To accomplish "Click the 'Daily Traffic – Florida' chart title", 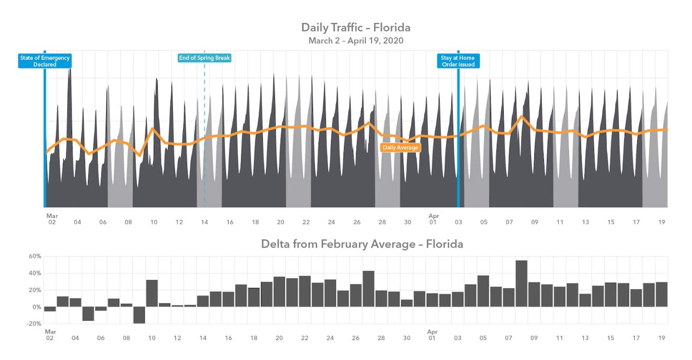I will pyautogui.click(x=356, y=27).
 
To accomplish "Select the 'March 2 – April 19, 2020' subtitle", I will pyautogui.click(x=356, y=40).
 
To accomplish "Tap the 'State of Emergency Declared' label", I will pyautogui.click(x=45, y=61).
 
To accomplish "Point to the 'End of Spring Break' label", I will pyautogui.click(x=204, y=58).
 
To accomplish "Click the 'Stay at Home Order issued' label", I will pyautogui.click(x=458, y=61).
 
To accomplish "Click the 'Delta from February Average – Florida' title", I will pyautogui.click(x=362, y=244).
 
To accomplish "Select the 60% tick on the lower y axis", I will pyautogui.click(x=35, y=256).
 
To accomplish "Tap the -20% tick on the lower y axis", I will pyautogui.click(x=34, y=324).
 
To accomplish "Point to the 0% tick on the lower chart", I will pyautogui.click(x=37, y=307).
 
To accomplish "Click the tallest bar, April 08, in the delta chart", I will pyautogui.click(x=521, y=284).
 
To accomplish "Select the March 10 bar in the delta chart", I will pyautogui.click(x=152, y=293).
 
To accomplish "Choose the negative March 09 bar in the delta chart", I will pyautogui.click(x=139, y=315).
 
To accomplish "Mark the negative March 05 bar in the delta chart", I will pyautogui.click(x=88, y=313).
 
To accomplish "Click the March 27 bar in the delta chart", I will pyautogui.click(x=369, y=289).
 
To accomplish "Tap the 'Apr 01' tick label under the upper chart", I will pyautogui.click(x=433, y=219).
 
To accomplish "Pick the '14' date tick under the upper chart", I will pyautogui.click(x=204, y=222).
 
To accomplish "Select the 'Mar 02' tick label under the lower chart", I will pyautogui.click(x=49, y=335).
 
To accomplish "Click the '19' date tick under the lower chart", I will pyautogui.click(x=662, y=338).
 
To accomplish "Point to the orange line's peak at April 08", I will pyautogui.click(x=521, y=116).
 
